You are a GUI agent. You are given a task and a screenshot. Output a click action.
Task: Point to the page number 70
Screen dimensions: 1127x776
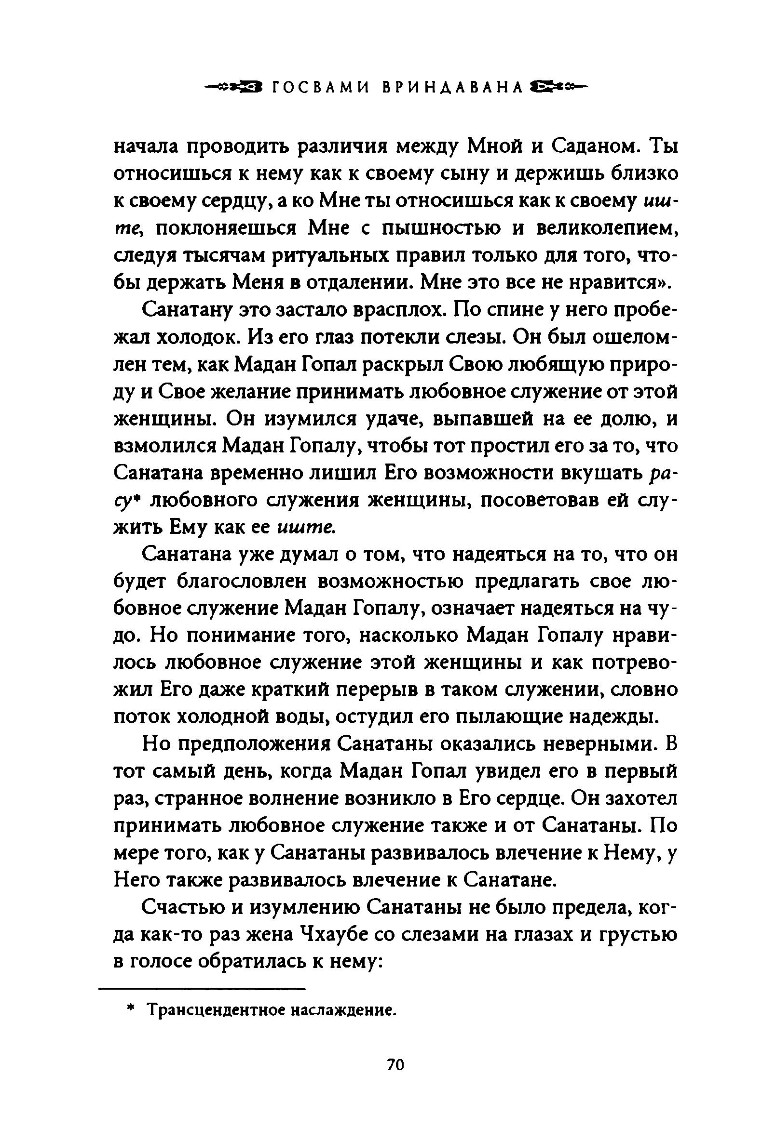coord(395,1065)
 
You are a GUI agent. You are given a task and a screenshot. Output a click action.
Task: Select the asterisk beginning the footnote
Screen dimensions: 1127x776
coord(130,1009)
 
